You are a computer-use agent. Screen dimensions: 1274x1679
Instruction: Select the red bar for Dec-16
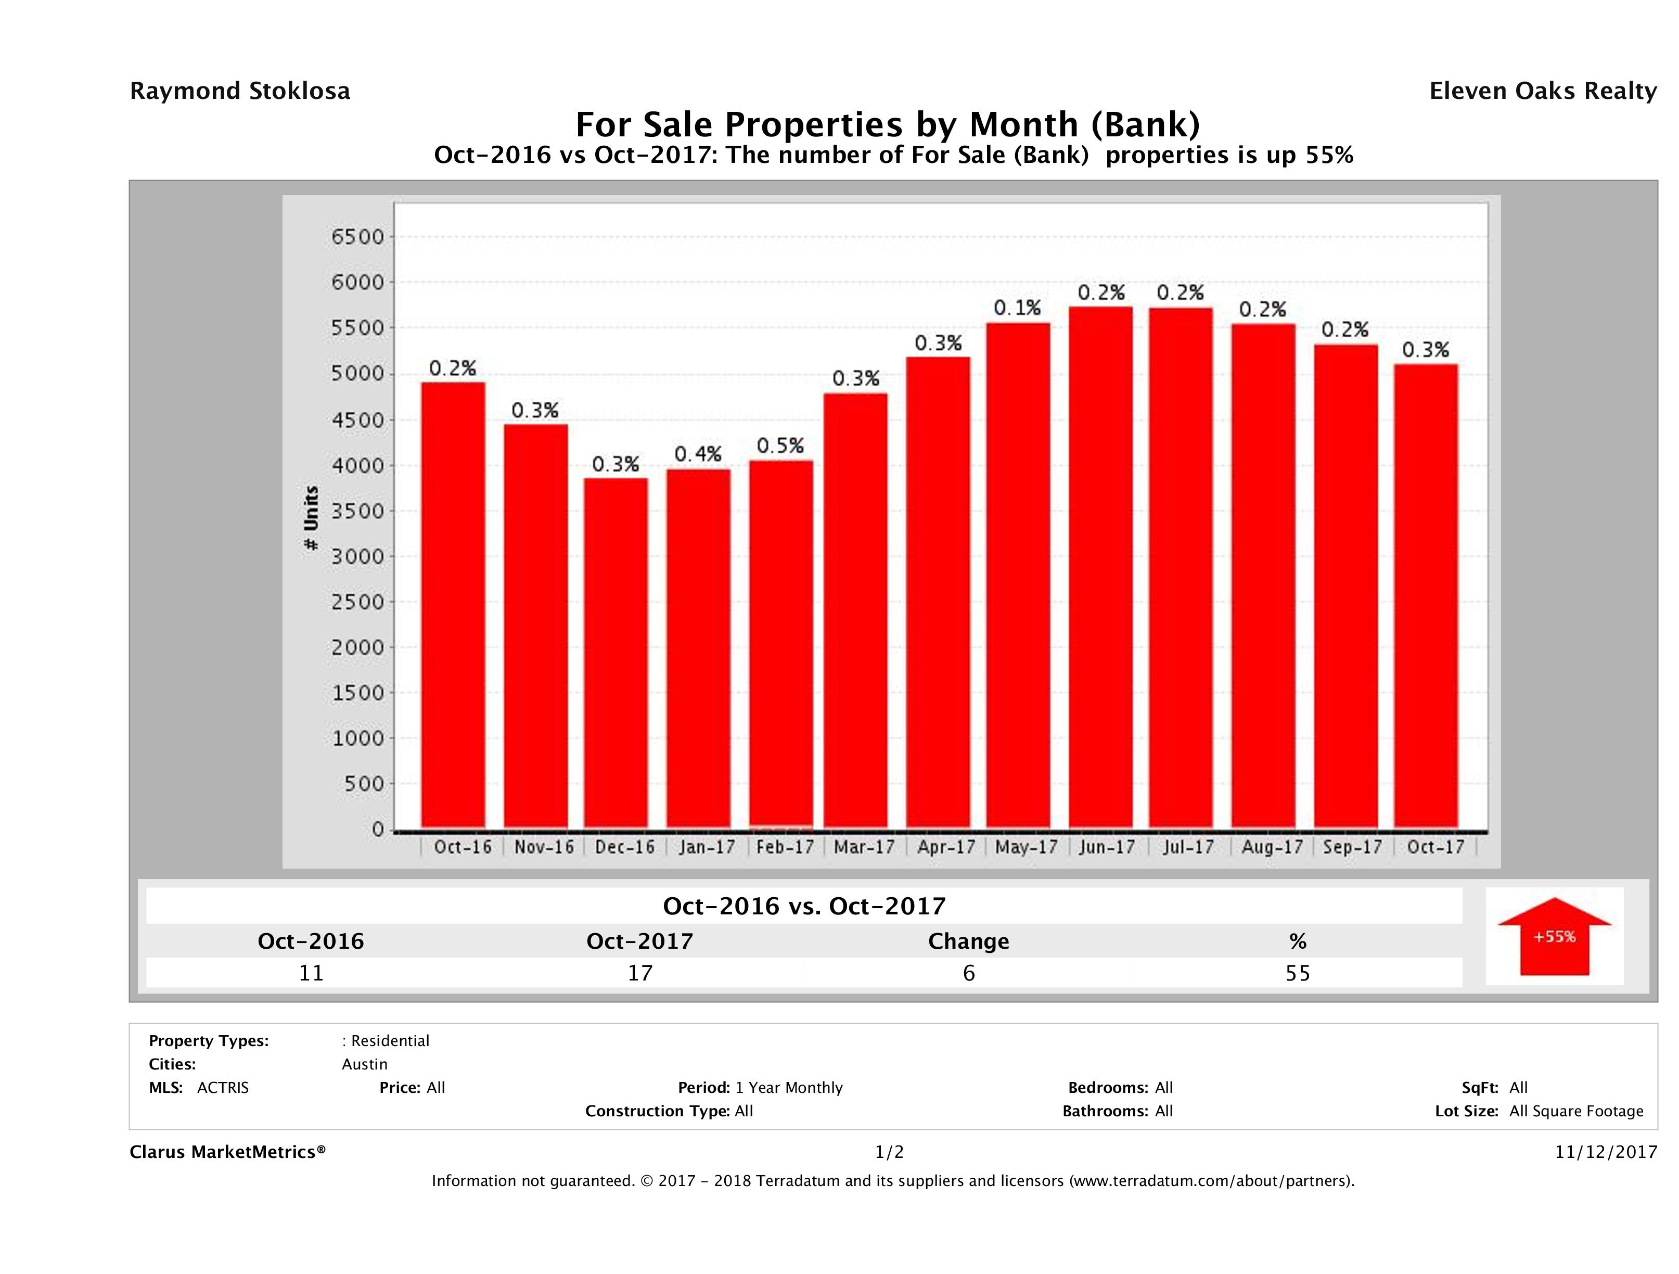coord(616,653)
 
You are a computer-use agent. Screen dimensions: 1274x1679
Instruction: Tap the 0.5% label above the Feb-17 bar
coord(780,445)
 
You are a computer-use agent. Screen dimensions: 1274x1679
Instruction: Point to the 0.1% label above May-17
coord(1018,308)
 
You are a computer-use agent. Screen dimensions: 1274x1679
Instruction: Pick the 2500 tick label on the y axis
coord(358,602)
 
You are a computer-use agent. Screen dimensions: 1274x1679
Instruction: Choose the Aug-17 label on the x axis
coord(1272,847)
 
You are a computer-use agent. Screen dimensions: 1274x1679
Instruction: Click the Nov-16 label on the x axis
coord(544,847)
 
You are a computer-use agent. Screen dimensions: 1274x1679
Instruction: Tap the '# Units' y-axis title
coord(311,518)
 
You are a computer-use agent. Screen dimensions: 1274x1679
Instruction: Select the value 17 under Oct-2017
coord(640,973)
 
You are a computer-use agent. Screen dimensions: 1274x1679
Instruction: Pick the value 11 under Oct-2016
coord(311,973)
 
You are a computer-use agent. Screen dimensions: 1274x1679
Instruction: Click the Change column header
coord(969,941)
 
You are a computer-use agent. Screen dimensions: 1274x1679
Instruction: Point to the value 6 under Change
coord(969,973)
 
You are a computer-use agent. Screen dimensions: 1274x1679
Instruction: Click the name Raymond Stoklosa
coord(240,91)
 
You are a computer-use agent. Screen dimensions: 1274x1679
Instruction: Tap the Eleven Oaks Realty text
coord(1542,91)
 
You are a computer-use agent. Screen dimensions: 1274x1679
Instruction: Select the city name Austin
coord(364,1064)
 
